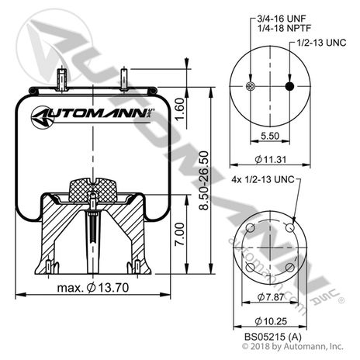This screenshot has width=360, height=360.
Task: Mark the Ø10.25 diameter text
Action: pos(268,322)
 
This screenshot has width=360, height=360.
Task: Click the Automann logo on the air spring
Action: pos(93,118)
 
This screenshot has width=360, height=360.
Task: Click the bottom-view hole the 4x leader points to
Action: pos(289,228)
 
